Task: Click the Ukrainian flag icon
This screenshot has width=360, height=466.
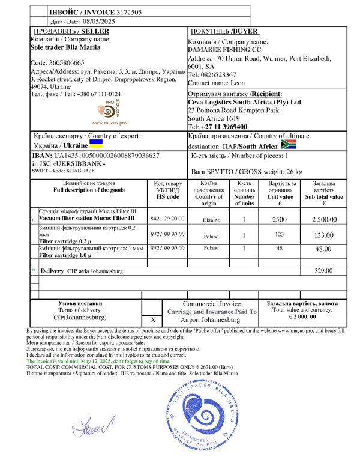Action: click(x=96, y=145)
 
